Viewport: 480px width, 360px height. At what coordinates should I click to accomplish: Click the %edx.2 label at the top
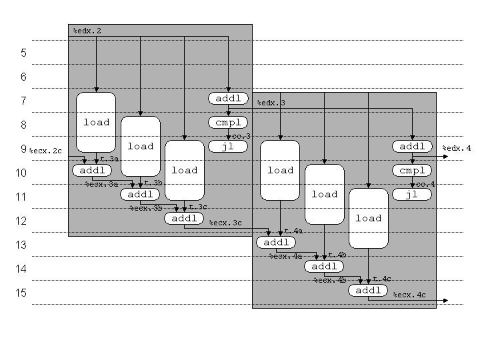point(87,31)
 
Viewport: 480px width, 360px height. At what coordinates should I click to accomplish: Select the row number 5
point(23,53)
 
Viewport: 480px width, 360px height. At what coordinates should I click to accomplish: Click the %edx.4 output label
point(457,148)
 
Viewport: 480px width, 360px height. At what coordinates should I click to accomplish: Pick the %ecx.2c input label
point(45,151)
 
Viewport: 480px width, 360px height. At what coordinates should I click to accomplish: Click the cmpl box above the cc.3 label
point(229,123)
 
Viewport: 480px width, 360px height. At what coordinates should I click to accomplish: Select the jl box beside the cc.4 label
point(412,195)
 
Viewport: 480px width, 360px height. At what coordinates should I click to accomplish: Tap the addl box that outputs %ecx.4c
point(368,291)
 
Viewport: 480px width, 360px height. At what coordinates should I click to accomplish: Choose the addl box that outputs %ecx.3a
point(92,171)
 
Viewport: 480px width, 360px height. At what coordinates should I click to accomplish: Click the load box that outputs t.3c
point(184,170)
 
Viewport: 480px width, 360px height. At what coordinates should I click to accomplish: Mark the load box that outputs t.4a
point(280,170)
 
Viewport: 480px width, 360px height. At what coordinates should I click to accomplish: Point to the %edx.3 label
point(271,103)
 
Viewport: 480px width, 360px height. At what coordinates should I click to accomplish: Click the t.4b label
point(337,255)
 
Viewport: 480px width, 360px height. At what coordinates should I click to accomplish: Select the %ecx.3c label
point(225,223)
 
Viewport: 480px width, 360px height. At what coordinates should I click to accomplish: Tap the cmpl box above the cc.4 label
point(412,171)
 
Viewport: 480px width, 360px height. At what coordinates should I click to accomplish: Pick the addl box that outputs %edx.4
point(412,147)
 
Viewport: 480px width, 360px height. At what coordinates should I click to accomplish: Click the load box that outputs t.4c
point(368,218)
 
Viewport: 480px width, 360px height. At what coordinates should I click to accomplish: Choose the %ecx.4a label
point(285,256)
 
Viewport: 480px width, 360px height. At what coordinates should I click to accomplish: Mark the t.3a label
point(109,159)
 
